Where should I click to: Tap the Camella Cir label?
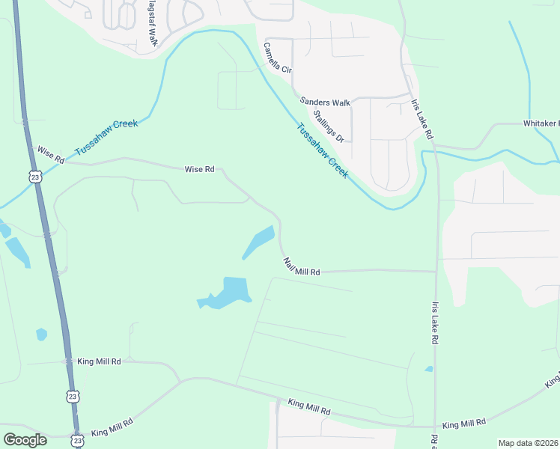[276, 57]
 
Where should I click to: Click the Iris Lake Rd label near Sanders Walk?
[421, 120]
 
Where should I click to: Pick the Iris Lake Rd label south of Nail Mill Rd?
[434, 323]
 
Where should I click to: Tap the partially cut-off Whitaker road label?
[541, 123]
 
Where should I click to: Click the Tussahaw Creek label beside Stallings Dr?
[323, 150]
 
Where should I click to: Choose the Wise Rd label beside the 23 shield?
[51, 155]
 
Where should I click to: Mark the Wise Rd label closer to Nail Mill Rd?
[199, 170]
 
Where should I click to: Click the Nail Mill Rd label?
[302, 267]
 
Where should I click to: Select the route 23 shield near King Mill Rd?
[72, 395]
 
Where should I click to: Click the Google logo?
[25, 439]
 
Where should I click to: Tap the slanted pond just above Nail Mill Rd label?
[259, 241]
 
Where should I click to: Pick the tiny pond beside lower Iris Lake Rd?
[428, 369]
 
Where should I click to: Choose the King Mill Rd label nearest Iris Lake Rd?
[464, 424]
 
